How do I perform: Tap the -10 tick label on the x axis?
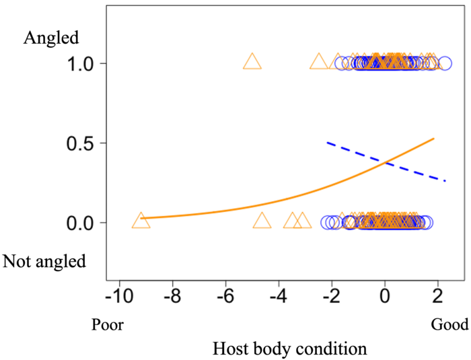pos(119,295)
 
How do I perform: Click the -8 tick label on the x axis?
pos(172,295)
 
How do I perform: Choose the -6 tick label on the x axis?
pos(225,295)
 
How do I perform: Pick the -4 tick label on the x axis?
pos(279,295)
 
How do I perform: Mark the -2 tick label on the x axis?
pos(331,295)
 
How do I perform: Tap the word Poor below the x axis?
pos(108,326)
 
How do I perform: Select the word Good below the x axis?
pos(449,326)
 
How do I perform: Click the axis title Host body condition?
pos(289,349)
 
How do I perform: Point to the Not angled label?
pos(44,261)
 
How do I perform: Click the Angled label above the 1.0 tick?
pos(52,38)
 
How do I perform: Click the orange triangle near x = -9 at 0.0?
pos(141,221)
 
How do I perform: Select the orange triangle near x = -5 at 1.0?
pos(252,62)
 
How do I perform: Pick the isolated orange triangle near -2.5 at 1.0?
pos(318,62)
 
